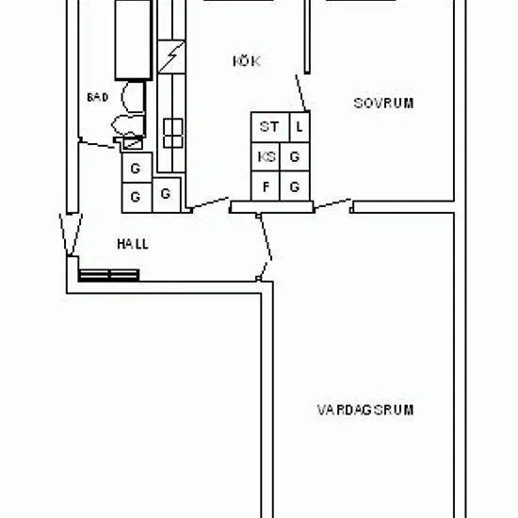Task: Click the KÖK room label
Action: [x=247, y=61]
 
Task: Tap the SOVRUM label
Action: [x=383, y=104]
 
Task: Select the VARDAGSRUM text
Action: [x=365, y=410]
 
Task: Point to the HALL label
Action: [x=133, y=244]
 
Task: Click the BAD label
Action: [x=97, y=97]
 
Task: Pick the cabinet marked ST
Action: [x=270, y=127]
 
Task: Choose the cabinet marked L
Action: [x=299, y=127]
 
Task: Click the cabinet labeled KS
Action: [x=266, y=156]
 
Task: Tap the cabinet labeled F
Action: [x=266, y=186]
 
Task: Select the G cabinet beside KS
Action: [x=295, y=156]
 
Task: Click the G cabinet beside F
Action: [x=295, y=186]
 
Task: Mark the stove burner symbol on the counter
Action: [x=173, y=133]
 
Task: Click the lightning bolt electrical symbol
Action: [x=171, y=57]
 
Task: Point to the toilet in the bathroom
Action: [x=127, y=125]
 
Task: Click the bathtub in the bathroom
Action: [x=134, y=40]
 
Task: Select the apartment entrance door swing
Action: [x=71, y=235]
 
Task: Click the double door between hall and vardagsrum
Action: [x=265, y=247]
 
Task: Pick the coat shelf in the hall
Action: [x=108, y=275]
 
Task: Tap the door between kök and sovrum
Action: [x=300, y=93]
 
